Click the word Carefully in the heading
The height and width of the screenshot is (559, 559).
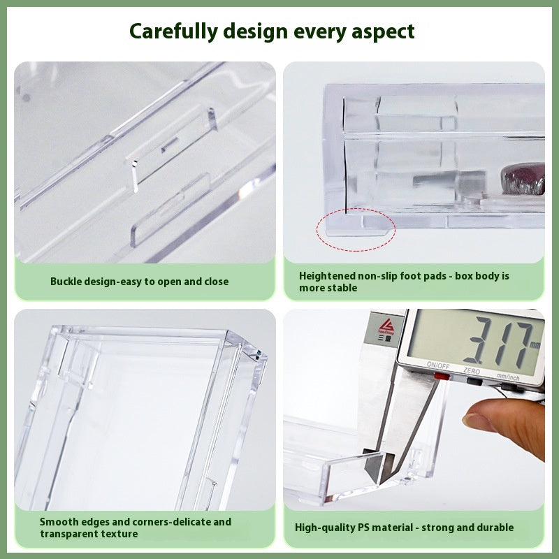[170, 31]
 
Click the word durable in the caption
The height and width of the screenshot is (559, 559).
[494, 528]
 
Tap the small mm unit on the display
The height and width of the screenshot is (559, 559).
[535, 344]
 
